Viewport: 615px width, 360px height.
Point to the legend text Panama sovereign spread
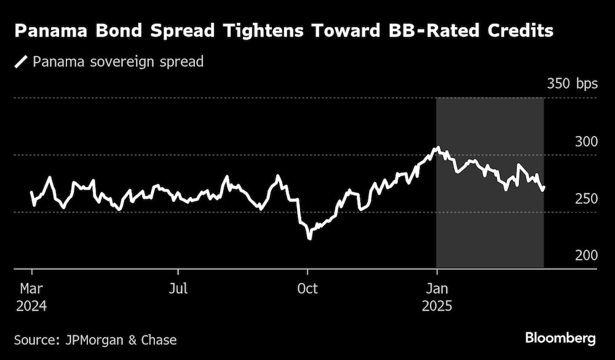(117, 62)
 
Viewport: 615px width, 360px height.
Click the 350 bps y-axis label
(571, 84)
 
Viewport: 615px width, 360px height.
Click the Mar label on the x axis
(32, 288)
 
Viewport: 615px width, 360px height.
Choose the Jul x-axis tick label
(178, 288)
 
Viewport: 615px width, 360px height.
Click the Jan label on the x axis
(437, 288)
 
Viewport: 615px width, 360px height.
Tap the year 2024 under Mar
(32, 305)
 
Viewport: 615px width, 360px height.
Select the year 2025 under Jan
(437, 305)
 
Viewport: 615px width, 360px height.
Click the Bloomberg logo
(560, 338)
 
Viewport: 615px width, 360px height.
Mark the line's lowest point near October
(309, 238)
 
